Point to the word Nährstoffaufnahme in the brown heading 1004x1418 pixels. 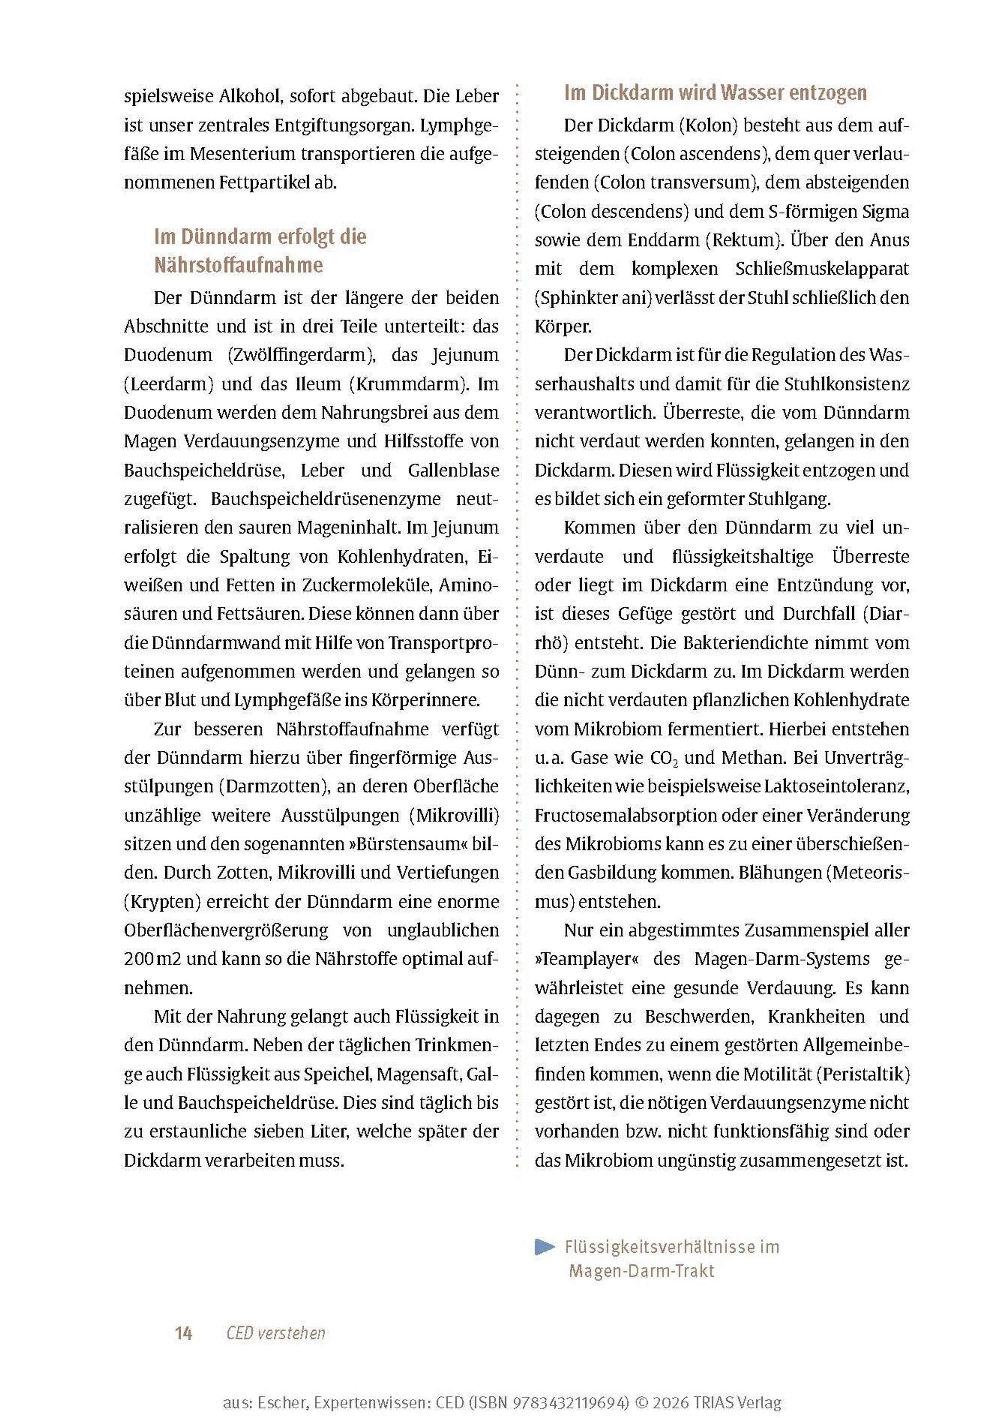[x=238, y=265]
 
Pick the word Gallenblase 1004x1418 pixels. [x=453, y=470]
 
